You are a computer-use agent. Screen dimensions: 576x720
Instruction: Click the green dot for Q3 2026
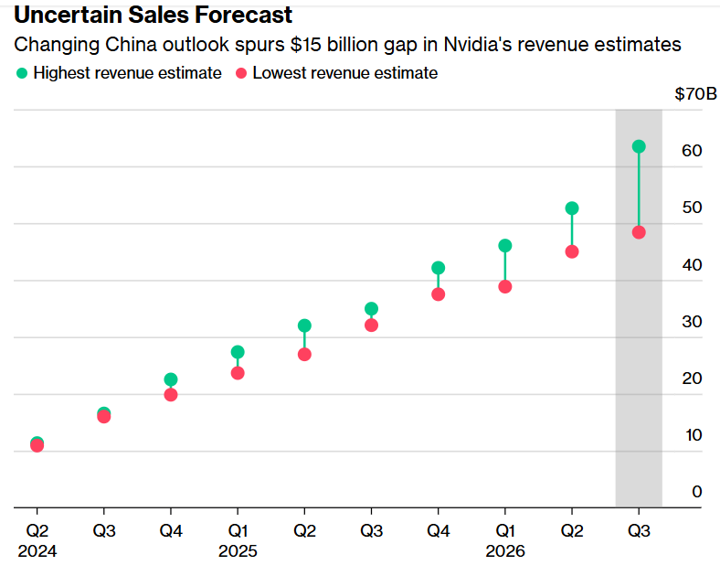point(639,146)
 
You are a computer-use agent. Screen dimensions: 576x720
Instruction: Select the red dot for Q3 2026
point(639,232)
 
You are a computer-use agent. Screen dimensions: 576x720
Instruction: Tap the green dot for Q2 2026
point(572,208)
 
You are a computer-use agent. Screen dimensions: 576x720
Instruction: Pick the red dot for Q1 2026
point(505,287)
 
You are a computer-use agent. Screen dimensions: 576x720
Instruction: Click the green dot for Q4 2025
point(439,268)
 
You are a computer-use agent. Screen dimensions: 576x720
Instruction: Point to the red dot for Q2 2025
point(304,354)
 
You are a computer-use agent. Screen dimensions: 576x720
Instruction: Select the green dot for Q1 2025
point(238,352)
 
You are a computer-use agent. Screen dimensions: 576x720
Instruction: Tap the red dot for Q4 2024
point(171,395)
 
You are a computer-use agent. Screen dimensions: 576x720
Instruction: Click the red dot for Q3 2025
point(371,325)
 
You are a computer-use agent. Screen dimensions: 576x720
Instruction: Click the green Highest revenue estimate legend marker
point(22,73)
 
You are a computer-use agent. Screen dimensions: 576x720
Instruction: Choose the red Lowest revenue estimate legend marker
point(241,73)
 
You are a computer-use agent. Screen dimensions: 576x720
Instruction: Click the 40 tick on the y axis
point(693,265)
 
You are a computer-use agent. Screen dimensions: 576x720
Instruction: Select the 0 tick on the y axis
point(697,492)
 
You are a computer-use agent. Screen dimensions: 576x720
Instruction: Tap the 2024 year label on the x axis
point(37,551)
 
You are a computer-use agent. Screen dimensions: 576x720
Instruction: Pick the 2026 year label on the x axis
point(505,551)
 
